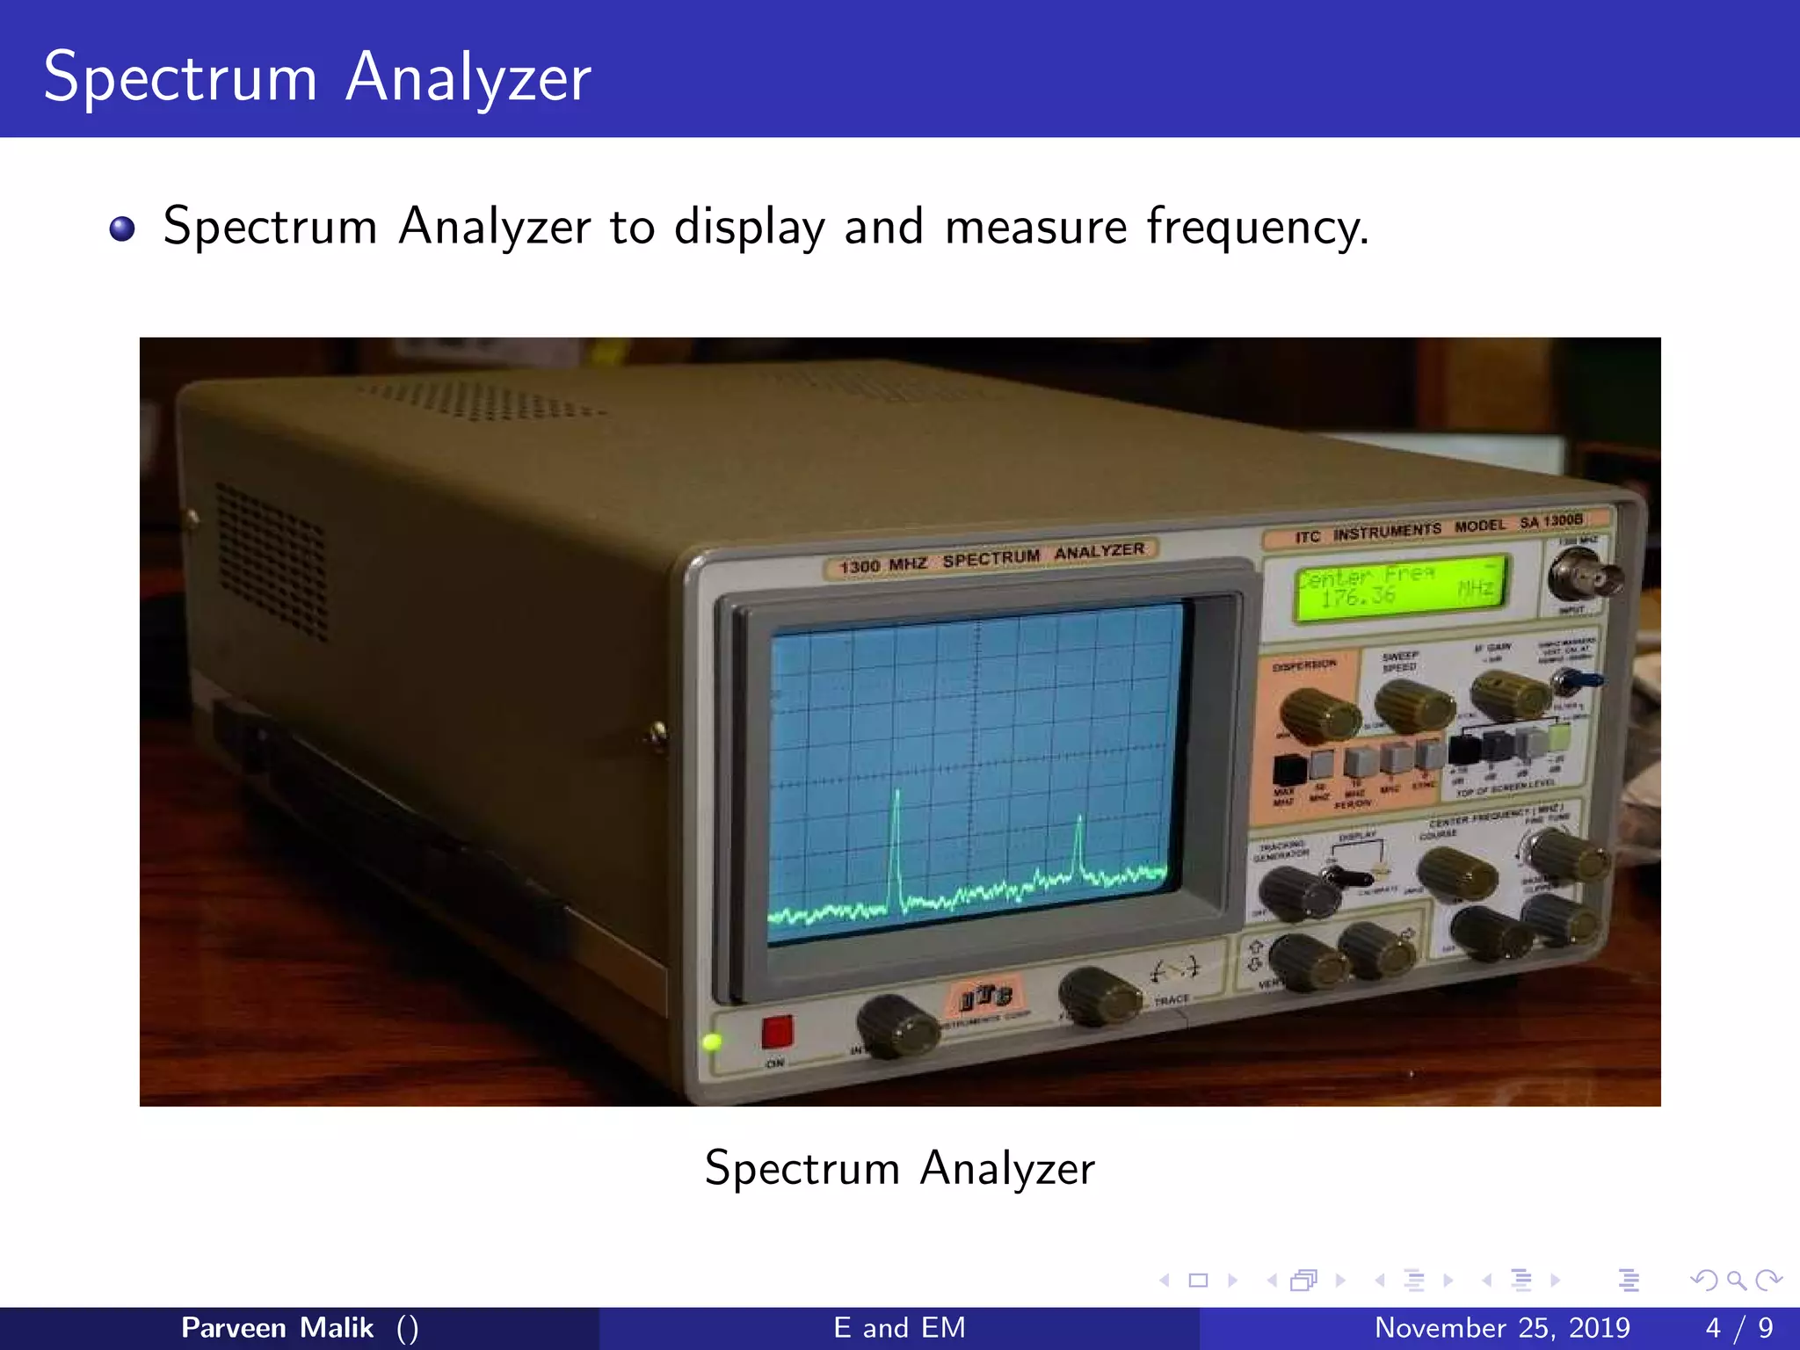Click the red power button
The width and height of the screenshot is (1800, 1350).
[777, 1032]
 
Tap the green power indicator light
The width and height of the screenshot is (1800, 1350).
[712, 1042]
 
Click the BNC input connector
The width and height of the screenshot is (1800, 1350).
[1585, 576]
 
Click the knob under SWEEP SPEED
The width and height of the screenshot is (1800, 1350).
[1412, 705]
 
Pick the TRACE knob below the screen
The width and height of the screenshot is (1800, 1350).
[1098, 997]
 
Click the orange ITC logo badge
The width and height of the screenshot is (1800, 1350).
[985, 997]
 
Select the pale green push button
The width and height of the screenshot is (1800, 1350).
[1558, 737]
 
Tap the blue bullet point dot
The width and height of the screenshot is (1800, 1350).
[122, 229]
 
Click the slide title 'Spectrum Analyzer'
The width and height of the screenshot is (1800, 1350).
[317, 77]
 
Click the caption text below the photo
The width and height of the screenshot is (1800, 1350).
[899, 1168]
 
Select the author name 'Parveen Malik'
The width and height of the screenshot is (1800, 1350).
[277, 1327]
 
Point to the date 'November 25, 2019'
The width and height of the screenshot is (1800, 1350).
[1501, 1327]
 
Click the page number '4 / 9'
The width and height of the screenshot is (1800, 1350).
[1738, 1327]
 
